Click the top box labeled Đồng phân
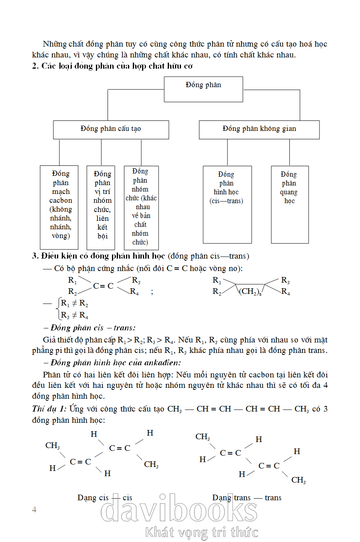tap(203, 89)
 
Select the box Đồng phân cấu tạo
tap(111, 129)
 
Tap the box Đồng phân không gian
tap(259, 129)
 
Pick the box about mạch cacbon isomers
tap(59, 207)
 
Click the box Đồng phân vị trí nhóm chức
tap(101, 207)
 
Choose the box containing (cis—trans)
tap(227, 204)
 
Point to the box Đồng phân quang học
tap(289, 204)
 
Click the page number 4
tap(34, 509)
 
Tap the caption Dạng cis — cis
tap(104, 498)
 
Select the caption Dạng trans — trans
tap(247, 498)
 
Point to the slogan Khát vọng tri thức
tap(201, 532)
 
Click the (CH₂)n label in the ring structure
tap(250, 291)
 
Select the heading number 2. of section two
tap(35, 66)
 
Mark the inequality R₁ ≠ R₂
tap(75, 304)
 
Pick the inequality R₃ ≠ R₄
tap(75, 315)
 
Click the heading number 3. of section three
tap(35, 256)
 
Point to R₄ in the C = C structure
tap(134, 292)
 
